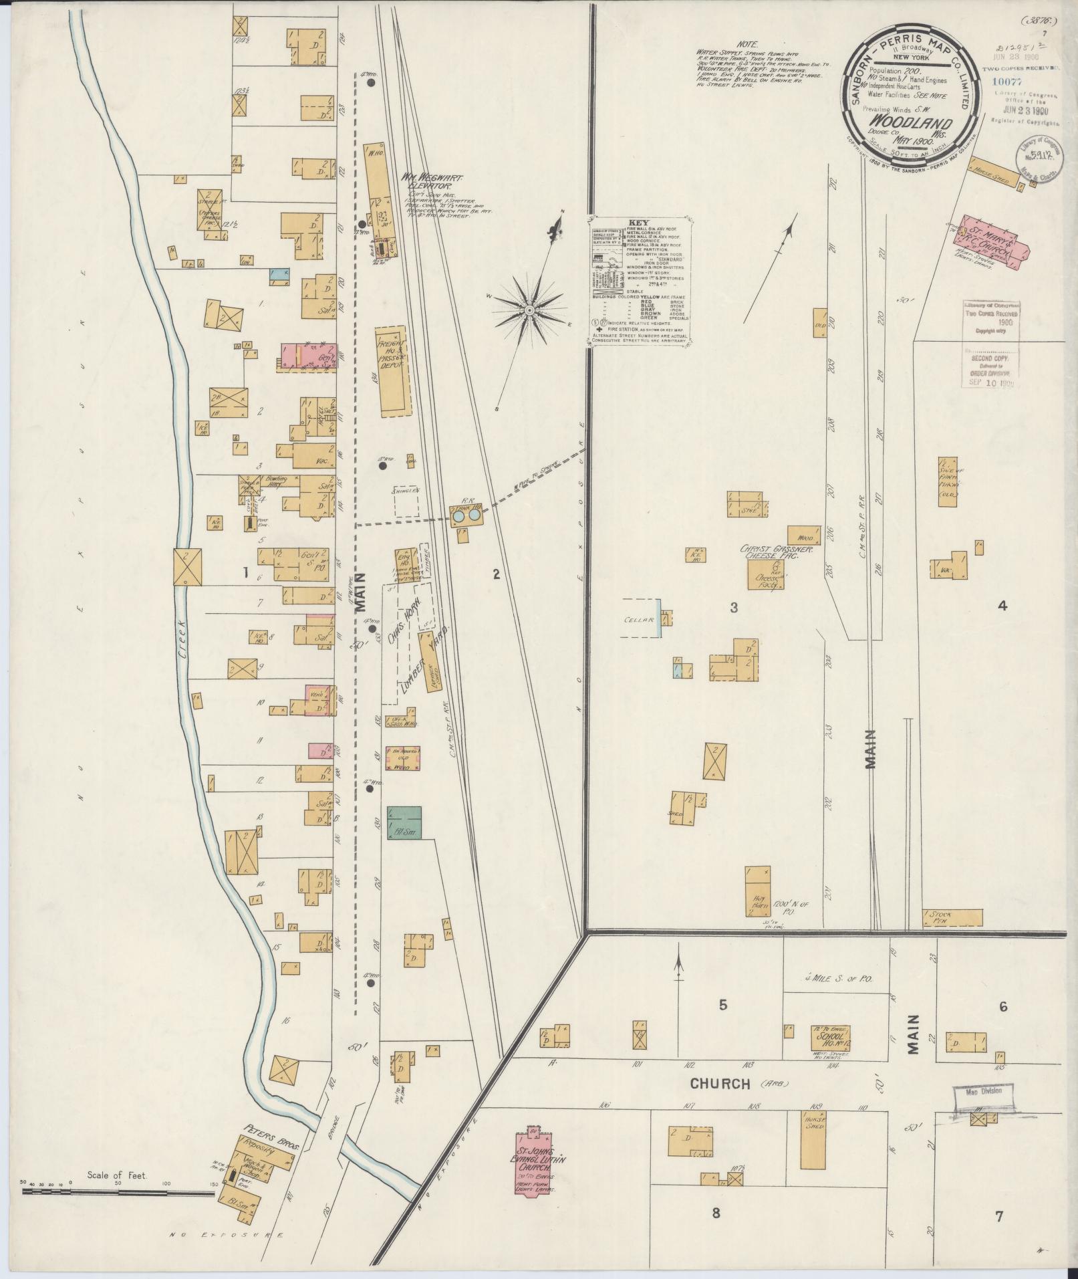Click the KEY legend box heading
tap(639, 223)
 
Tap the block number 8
tap(716, 1213)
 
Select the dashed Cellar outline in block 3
tap(640, 618)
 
